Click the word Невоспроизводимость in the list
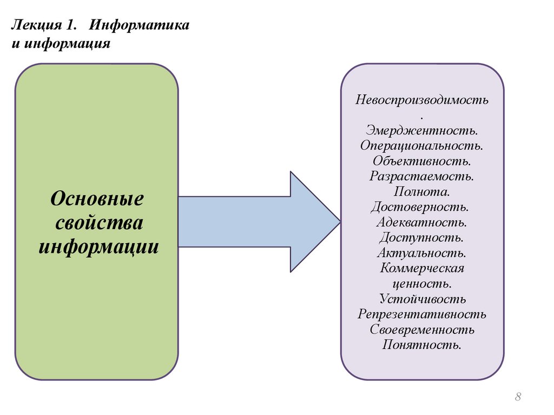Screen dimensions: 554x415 coord(422,100)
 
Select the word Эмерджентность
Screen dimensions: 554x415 coord(421,130)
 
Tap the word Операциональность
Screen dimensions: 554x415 coord(421,145)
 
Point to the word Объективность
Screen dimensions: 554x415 coord(421,160)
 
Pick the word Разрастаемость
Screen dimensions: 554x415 coord(422,176)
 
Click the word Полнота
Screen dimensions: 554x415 coord(422,191)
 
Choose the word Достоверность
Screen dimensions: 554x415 coord(421,207)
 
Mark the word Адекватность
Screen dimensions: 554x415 coord(422,222)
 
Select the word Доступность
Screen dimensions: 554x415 coord(421,237)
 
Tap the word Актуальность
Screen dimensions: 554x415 coord(422,252)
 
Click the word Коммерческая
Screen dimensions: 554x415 coord(422,268)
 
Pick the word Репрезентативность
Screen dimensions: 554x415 coord(422,314)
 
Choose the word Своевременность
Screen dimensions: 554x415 coord(422,330)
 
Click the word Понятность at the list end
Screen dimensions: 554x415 coord(422,345)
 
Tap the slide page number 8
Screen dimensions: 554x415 coord(518,397)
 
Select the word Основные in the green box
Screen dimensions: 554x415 coord(97,198)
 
